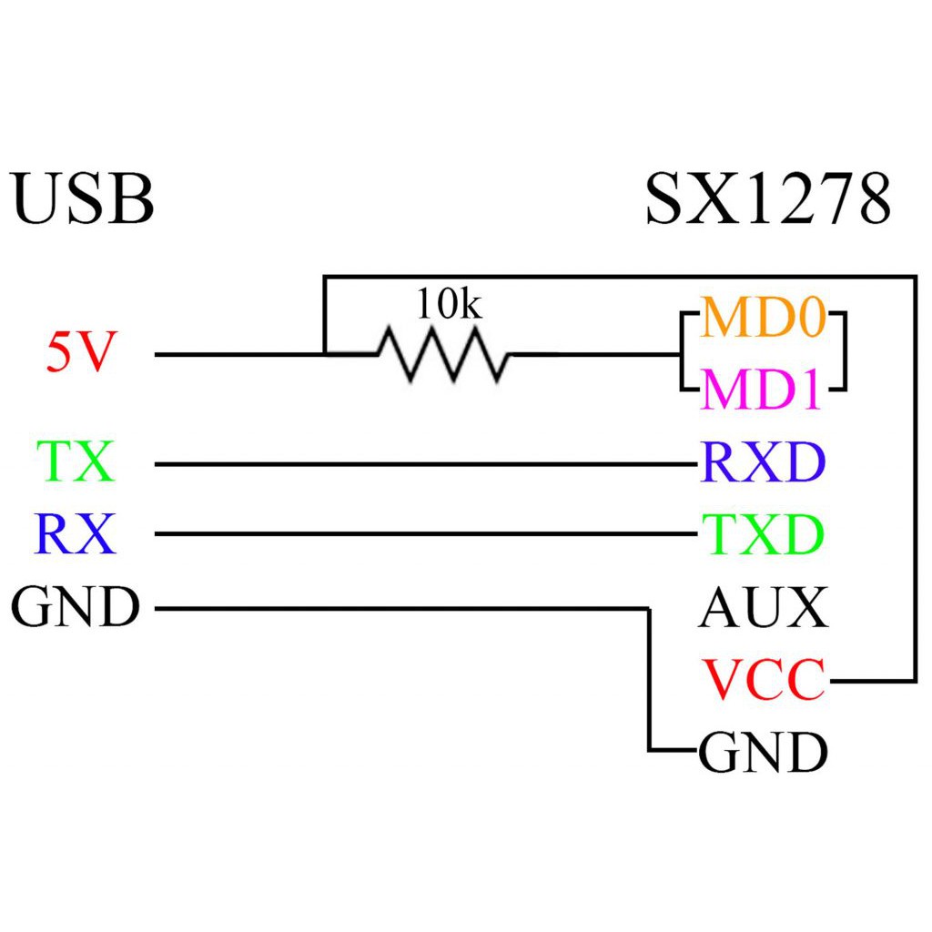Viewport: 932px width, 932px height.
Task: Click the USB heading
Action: click(83, 199)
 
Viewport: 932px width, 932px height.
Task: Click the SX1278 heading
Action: click(767, 199)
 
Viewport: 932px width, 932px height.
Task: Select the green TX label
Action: click(76, 461)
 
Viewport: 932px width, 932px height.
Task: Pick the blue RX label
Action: click(76, 534)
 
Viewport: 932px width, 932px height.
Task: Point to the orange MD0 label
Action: click(763, 317)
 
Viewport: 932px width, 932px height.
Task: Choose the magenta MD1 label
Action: click(763, 390)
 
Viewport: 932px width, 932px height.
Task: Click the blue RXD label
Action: click(763, 462)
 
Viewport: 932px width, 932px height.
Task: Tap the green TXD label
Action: click(763, 534)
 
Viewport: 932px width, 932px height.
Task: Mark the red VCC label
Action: click(763, 680)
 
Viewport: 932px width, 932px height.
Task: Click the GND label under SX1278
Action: click(763, 753)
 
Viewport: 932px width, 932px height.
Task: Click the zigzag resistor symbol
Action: click(443, 354)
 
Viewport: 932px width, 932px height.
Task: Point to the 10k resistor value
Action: click(449, 304)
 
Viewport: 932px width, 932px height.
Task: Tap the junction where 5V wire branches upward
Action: click(325, 353)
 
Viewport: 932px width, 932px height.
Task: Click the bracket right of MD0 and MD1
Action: click(843, 353)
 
